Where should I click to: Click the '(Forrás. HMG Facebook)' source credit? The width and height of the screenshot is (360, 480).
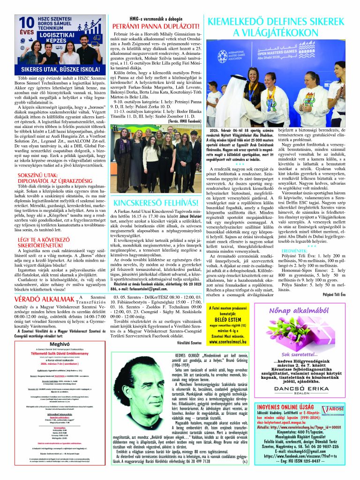185,121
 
